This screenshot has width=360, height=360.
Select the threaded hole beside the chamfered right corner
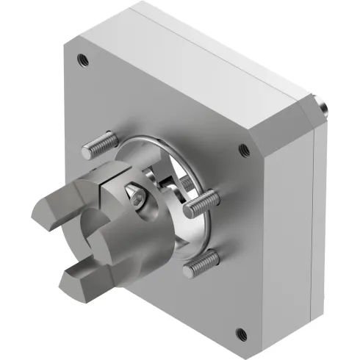pyautogui.click(x=244, y=150)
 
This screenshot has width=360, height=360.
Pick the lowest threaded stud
pyautogui.click(x=201, y=263)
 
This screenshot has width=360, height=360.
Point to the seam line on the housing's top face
pyautogui.click(x=220, y=46)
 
